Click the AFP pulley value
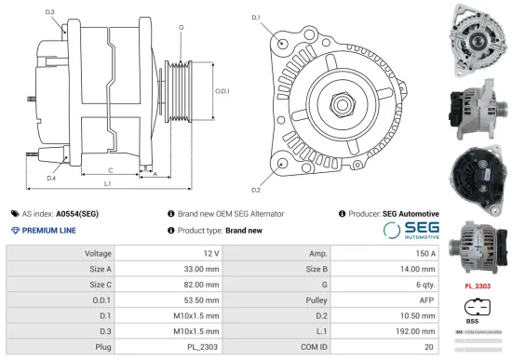[x=426, y=300]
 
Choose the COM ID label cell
[x=313, y=347]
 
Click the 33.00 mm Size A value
[x=199, y=269]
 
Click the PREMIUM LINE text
[x=48, y=230]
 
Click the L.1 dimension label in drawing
[x=108, y=185]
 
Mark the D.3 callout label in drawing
[x=49, y=12]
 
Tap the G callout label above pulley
[x=180, y=28]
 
